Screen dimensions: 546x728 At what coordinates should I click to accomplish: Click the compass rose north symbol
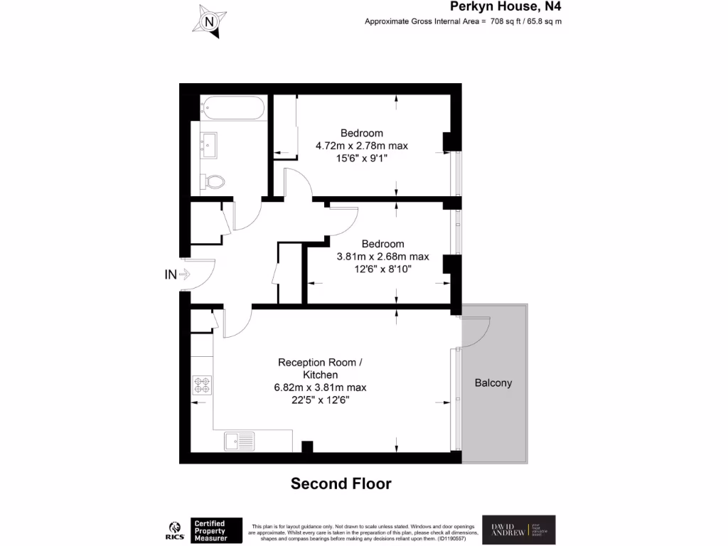[x=210, y=22]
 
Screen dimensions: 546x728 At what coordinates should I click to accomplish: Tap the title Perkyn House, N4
[x=506, y=7]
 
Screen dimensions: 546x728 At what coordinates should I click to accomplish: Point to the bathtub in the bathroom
[x=232, y=108]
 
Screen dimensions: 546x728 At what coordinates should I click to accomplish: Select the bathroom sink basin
[x=208, y=145]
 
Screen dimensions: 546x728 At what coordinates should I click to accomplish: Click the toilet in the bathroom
[x=212, y=182]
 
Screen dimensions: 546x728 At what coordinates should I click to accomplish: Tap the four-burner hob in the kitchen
[x=202, y=385]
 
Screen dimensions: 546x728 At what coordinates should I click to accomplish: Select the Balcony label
[x=493, y=382]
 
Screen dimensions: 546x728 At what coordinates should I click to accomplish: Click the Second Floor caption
[x=341, y=484]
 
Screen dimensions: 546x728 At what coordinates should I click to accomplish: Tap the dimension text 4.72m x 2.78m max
[x=362, y=146]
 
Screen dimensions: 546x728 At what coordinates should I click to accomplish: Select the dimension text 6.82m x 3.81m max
[x=320, y=387]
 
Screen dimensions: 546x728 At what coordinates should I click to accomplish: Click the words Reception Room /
[x=320, y=362]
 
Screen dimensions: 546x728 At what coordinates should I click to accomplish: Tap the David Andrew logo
[x=519, y=530]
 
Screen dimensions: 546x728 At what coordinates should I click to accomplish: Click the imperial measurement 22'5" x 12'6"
[x=320, y=400]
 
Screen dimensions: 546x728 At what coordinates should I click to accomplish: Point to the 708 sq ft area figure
[x=506, y=21]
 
